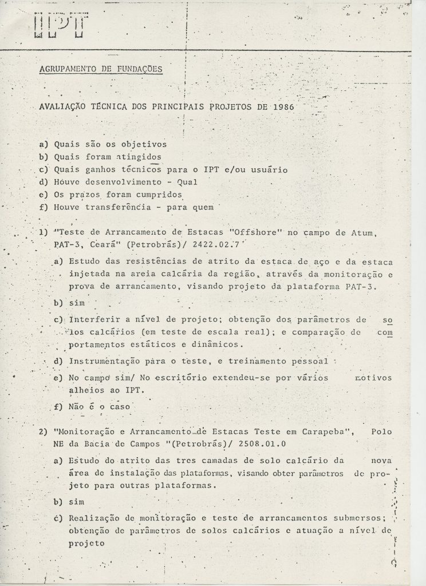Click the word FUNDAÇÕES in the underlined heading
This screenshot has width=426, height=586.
click(x=136, y=70)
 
